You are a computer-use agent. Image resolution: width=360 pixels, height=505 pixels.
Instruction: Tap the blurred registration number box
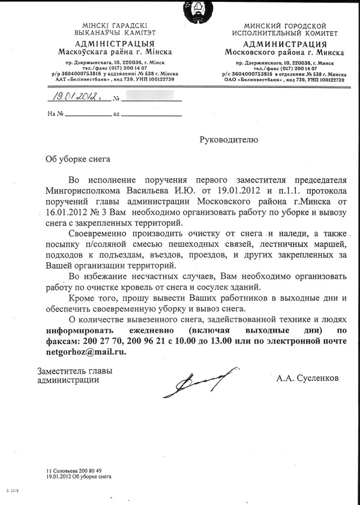pos(150,95)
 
